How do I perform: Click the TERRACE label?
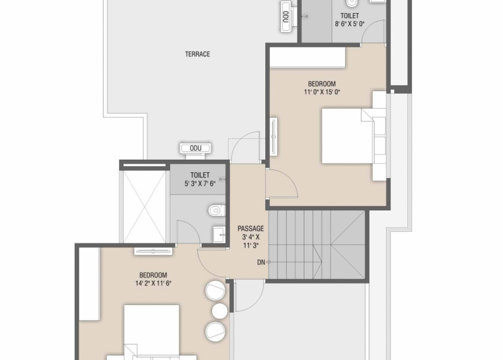tap(198, 54)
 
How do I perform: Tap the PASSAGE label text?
tap(251, 228)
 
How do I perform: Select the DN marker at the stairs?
tap(261, 262)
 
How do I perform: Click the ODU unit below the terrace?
tap(196, 150)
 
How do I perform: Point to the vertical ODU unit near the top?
tap(286, 16)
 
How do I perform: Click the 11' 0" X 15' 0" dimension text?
tap(322, 92)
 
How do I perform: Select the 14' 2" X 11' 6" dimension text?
tap(153, 283)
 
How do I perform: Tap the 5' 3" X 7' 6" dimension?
tap(200, 183)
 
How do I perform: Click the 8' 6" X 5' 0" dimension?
tap(350, 24)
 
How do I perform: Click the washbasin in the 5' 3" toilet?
tap(219, 235)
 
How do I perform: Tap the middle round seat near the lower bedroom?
tap(220, 311)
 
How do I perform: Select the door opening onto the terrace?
tap(246, 147)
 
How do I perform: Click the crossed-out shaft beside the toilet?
tap(145, 207)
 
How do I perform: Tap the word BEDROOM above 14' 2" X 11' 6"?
tap(153, 275)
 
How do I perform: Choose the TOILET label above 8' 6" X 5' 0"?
tap(350, 16)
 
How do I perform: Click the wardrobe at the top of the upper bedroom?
tap(307, 58)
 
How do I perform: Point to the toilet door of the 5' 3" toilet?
tap(189, 232)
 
